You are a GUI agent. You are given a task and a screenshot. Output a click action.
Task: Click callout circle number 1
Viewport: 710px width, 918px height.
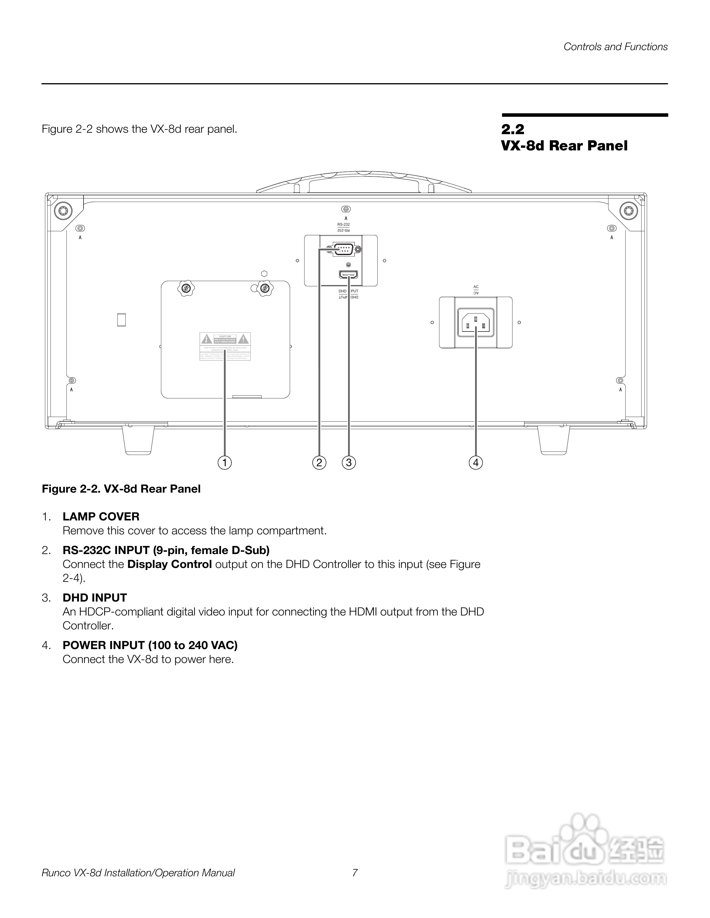(x=224, y=463)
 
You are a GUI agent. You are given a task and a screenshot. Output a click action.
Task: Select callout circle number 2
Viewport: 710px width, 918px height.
(x=319, y=463)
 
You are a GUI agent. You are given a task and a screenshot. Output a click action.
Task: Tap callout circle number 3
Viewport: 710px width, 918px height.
(x=349, y=463)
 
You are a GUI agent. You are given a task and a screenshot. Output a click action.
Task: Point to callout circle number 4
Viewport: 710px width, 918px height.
(x=476, y=463)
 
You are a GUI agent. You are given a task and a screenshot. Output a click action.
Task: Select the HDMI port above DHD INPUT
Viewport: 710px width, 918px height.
(x=349, y=275)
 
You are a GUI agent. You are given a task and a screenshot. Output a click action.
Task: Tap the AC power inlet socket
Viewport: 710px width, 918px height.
(x=476, y=323)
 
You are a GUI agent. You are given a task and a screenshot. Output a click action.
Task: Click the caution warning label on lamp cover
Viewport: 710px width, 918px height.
(x=225, y=346)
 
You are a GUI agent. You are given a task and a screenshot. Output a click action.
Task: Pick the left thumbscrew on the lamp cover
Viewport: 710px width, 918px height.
(x=185, y=289)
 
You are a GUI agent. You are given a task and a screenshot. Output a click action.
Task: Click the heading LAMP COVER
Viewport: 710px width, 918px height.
(x=101, y=517)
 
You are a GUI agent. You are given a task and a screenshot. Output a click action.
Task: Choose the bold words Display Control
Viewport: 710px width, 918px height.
(x=169, y=564)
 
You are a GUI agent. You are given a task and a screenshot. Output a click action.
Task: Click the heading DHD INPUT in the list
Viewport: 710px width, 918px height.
(x=95, y=598)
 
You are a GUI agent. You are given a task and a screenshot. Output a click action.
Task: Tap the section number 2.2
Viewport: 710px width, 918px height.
(x=513, y=129)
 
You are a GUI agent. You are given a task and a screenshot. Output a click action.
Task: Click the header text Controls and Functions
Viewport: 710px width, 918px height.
(x=615, y=47)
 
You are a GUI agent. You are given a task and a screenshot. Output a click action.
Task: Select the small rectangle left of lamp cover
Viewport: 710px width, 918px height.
(x=122, y=320)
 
